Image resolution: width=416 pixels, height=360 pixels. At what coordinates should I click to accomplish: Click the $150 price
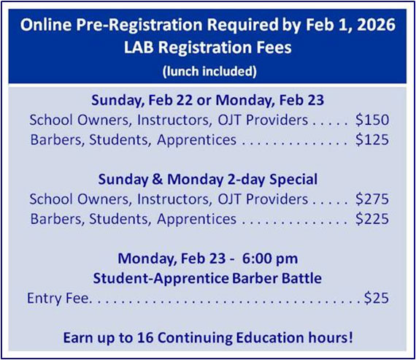click(x=372, y=119)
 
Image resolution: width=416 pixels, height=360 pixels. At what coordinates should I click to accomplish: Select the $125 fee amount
click(x=372, y=139)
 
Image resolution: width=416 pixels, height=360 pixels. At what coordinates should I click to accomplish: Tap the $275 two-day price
click(x=372, y=199)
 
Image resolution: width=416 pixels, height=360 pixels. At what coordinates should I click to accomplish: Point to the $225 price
click(x=372, y=218)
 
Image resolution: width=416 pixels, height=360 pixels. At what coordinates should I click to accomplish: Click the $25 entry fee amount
click(x=377, y=298)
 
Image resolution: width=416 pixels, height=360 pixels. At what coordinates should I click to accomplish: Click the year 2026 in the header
click(x=377, y=25)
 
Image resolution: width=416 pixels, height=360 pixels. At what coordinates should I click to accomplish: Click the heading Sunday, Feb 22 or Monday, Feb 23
click(x=207, y=99)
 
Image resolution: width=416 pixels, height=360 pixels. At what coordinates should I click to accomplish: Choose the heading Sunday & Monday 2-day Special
click(x=207, y=179)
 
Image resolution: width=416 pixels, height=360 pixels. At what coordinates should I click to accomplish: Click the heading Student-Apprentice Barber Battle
click(x=207, y=278)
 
